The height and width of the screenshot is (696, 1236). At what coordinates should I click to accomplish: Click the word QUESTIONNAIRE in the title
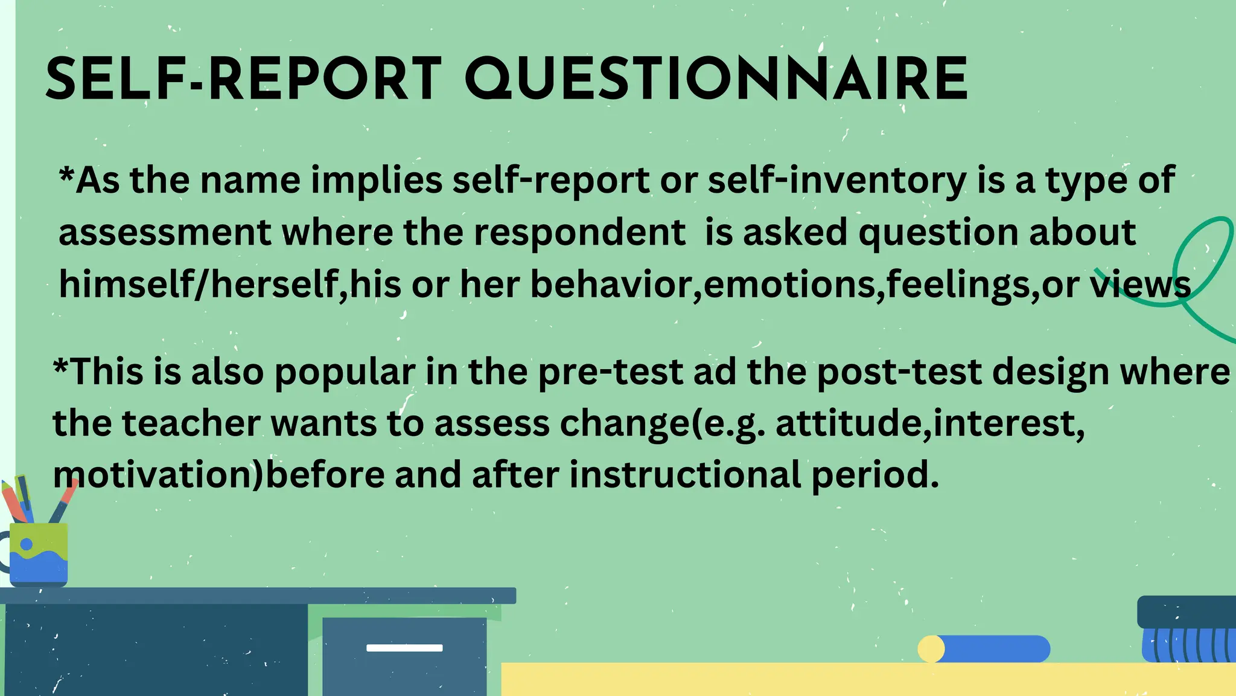pos(716,79)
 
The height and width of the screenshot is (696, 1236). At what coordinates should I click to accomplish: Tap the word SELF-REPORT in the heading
pos(244,79)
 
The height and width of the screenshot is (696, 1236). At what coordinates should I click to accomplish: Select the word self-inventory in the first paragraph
pos(837,180)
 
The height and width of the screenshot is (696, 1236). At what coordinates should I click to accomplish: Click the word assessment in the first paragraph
pos(165,233)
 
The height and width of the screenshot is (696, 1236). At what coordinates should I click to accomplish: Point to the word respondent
pos(579,233)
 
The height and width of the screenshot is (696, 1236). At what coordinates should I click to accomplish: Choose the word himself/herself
pos(199,284)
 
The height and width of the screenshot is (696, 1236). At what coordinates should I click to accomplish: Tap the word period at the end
pos(875,475)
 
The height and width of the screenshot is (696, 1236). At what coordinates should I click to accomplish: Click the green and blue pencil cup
pos(39,553)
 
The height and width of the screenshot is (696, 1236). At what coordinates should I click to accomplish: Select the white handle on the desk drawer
pos(404,648)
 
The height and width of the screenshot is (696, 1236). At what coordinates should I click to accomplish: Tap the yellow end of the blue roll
pos(931,649)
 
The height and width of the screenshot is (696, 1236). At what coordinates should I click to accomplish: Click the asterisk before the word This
pos(61,366)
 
